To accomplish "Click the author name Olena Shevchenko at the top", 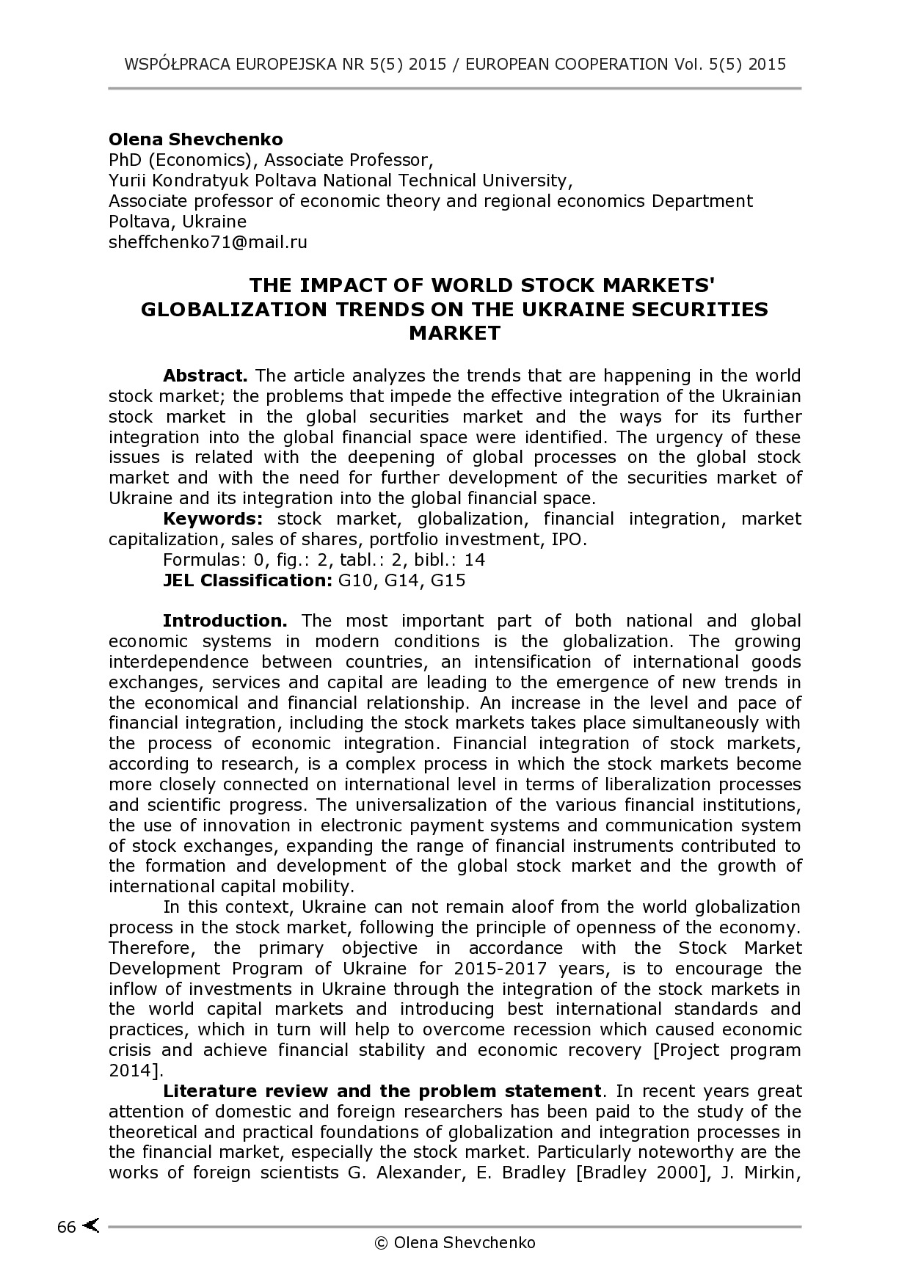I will tap(195, 139).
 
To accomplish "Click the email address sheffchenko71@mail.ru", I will tap(208, 242).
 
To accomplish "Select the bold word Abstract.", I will tap(205, 376).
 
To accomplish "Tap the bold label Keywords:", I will tap(212, 519).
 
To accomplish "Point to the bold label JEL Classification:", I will tap(247, 580).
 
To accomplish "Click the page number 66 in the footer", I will tap(66, 1227).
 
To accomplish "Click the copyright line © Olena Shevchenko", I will tap(455, 1242).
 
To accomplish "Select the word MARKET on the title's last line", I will tap(454, 333).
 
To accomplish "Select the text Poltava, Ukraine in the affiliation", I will tap(178, 222).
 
